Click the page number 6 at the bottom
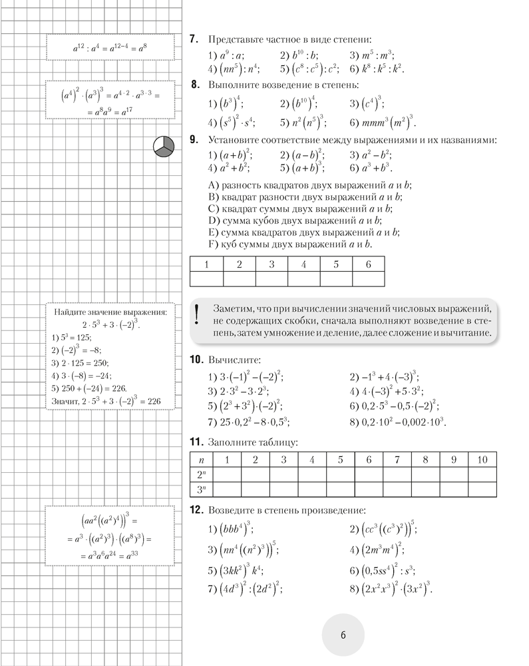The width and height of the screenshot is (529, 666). tap(343, 635)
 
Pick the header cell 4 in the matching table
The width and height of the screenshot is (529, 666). tap(303, 264)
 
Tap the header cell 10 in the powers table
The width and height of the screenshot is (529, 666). tap(482, 460)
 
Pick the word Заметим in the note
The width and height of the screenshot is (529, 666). tap(234, 308)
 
